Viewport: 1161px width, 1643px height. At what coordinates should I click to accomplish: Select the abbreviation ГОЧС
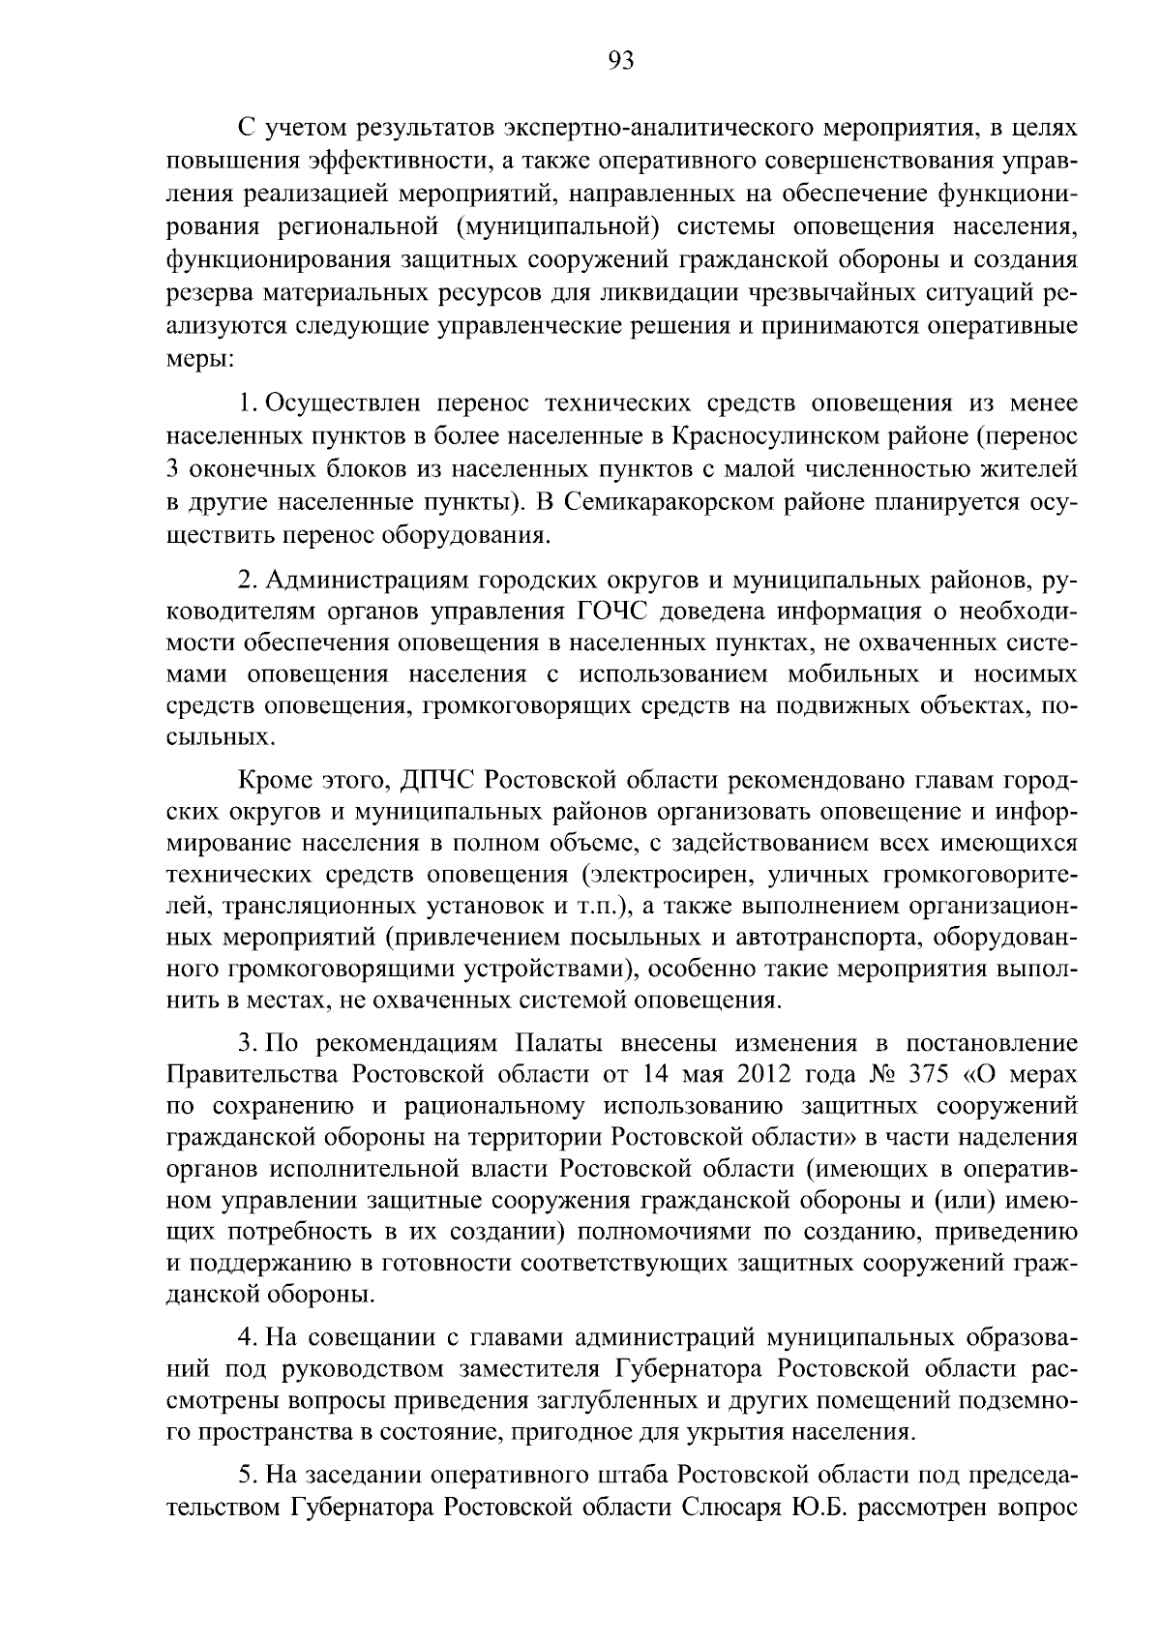tap(613, 612)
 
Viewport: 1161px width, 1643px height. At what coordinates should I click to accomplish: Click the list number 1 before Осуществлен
tap(247, 403)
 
